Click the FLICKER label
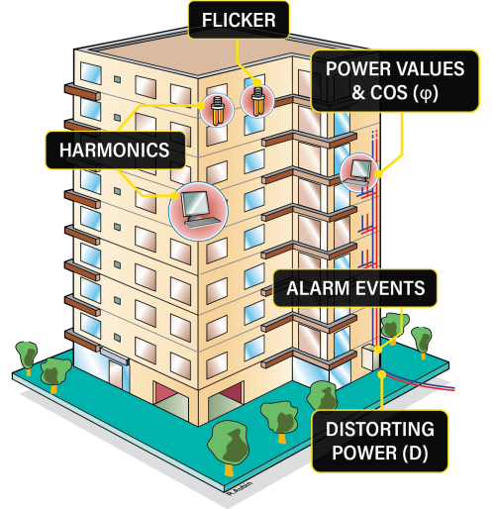(x=239, y=20)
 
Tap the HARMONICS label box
(x=115, y=151)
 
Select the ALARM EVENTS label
(x=355, y=288)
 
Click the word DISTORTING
(x=380, y=429)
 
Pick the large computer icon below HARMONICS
(x=198, y=211)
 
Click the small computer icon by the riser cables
(x=358, y=172)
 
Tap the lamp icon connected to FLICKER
(x=257, y=101)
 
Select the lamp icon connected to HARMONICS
(x=217, y=110)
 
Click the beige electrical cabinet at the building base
(x=371, y=357)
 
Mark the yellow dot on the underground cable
(x=382, y=374)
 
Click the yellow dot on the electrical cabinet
(x=378, y=350)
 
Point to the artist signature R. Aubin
(x=240, y=487)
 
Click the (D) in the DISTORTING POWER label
(x=415, y=453)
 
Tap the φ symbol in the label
(x=426, y=94)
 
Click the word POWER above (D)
(x=364, y=453)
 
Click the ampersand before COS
(x=358, y=93)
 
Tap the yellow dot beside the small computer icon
(x=378, y=173)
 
